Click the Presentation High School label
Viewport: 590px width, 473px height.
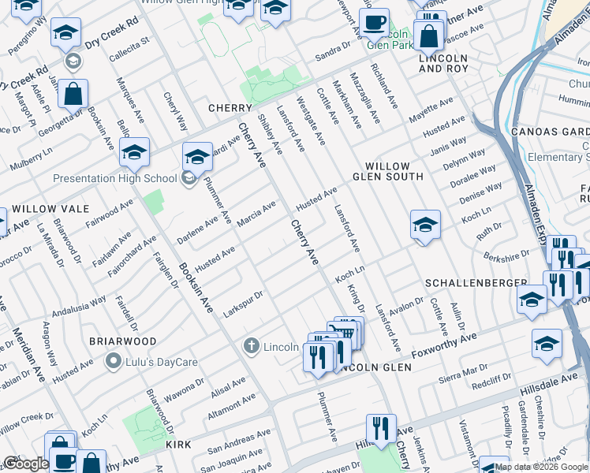114,178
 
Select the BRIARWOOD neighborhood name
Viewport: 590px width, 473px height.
122,341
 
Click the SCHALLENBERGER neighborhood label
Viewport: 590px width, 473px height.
476,282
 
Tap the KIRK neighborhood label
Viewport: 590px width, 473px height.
178,445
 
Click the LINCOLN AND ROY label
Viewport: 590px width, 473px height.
443,64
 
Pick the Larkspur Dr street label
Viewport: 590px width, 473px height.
242,300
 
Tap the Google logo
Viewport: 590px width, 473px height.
25,464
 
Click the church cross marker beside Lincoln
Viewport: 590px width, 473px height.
251,345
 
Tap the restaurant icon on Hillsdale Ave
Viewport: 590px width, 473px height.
381,429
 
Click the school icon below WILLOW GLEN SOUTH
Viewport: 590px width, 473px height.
424,225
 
